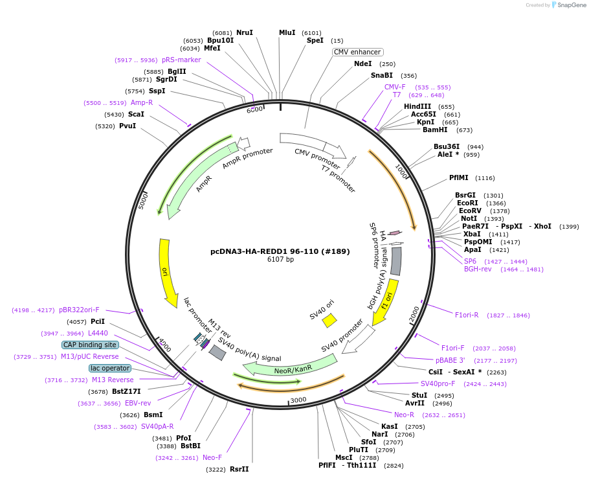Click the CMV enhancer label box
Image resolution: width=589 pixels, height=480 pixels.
[358, 52]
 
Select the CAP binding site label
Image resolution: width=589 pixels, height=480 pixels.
[90, 345]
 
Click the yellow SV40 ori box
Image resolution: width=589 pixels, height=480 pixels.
[329, 320]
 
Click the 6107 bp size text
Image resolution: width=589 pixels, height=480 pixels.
[280, 260]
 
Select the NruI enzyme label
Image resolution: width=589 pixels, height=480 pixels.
[245, 32]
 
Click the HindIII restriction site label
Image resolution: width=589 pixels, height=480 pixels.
[417, 106]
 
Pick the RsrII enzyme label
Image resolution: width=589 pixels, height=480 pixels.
[239, 469]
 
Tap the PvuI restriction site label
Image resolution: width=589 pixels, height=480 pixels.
[128, 126]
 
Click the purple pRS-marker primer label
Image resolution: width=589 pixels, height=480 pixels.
[181, 60]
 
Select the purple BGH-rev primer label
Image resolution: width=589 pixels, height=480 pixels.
[478, 269]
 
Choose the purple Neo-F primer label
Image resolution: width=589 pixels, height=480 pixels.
[212, 457]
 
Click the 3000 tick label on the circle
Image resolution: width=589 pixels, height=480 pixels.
[298, 400]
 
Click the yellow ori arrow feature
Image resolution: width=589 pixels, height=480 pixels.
[168, 272]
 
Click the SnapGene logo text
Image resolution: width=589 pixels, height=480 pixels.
[572, 5]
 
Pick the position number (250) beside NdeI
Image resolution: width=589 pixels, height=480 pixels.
[387, 64]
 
